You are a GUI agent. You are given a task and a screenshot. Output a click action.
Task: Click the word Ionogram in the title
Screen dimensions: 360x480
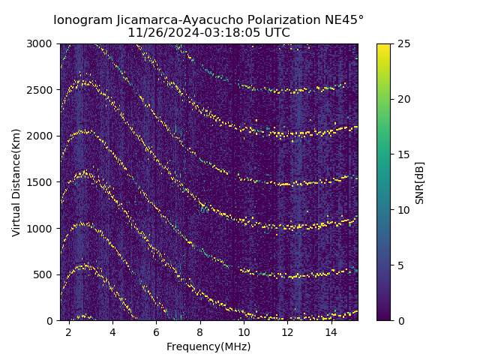click(x=82, y=20)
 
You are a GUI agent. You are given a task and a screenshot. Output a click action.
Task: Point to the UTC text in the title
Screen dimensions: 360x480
click(x=276, y=33)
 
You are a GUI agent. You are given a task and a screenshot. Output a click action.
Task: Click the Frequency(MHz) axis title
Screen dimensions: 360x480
click(x=208, y=346)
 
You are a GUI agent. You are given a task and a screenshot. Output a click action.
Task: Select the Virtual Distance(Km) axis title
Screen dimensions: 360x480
click(x=16, y=182)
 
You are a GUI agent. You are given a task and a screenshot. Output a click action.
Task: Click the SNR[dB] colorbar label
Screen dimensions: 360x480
click(x=420, y=182)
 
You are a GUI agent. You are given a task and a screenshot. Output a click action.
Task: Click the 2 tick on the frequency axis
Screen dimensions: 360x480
click(x=69, y=331)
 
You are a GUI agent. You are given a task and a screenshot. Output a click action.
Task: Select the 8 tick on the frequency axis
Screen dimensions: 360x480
click(x=200, y=331)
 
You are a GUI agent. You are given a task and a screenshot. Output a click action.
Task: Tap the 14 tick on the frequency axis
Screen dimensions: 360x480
click(x=331, y=331)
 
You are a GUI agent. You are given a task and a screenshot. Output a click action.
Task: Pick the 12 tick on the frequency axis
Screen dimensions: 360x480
click(x=287, y=331)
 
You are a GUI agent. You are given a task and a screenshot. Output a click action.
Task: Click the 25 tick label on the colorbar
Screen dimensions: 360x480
click(x=400, y=43)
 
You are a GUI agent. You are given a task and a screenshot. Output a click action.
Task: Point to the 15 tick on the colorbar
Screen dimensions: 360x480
click(x=400, y=154)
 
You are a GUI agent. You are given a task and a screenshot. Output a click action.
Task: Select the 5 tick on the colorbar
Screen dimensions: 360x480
click(x=398, y=265)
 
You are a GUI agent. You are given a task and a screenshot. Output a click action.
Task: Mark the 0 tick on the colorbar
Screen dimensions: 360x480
click(x=398, y=320)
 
